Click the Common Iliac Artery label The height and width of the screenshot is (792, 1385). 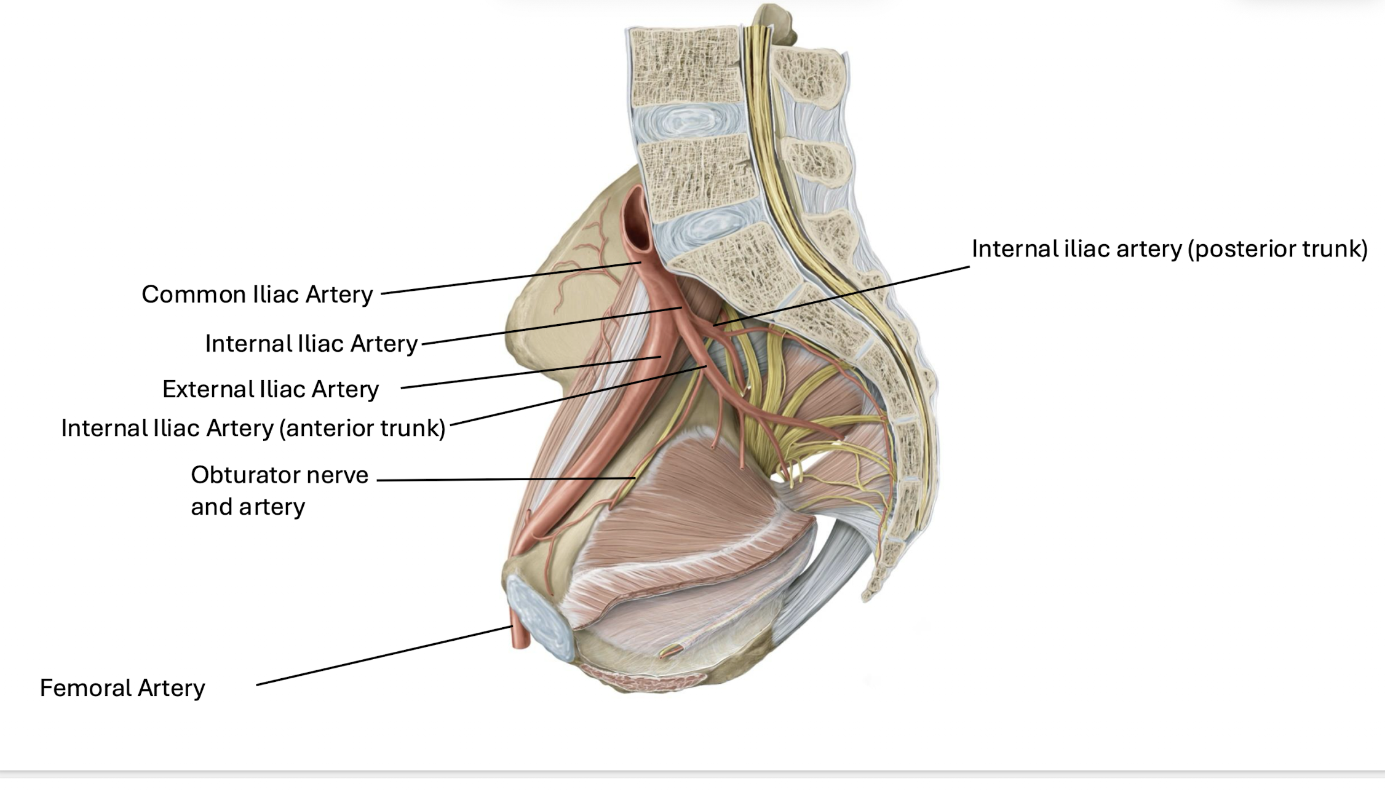[257, 295]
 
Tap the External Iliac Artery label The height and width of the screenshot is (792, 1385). [270, 389]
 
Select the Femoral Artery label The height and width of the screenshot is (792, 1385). [122, 688]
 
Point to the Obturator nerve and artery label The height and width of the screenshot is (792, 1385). [279, 491]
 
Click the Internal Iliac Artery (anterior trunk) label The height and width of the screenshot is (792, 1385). [253, 428]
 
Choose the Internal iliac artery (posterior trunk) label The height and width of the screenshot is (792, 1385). [1169, 249]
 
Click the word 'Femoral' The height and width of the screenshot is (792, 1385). [85, 688]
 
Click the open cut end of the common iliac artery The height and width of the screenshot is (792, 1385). [637, 224]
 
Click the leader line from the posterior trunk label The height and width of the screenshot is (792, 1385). [843, 295]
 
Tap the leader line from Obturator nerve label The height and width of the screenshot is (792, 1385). [504, 479]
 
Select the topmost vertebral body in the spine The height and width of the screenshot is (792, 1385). [684, 65]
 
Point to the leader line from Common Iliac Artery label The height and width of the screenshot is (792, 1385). [510, 278]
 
